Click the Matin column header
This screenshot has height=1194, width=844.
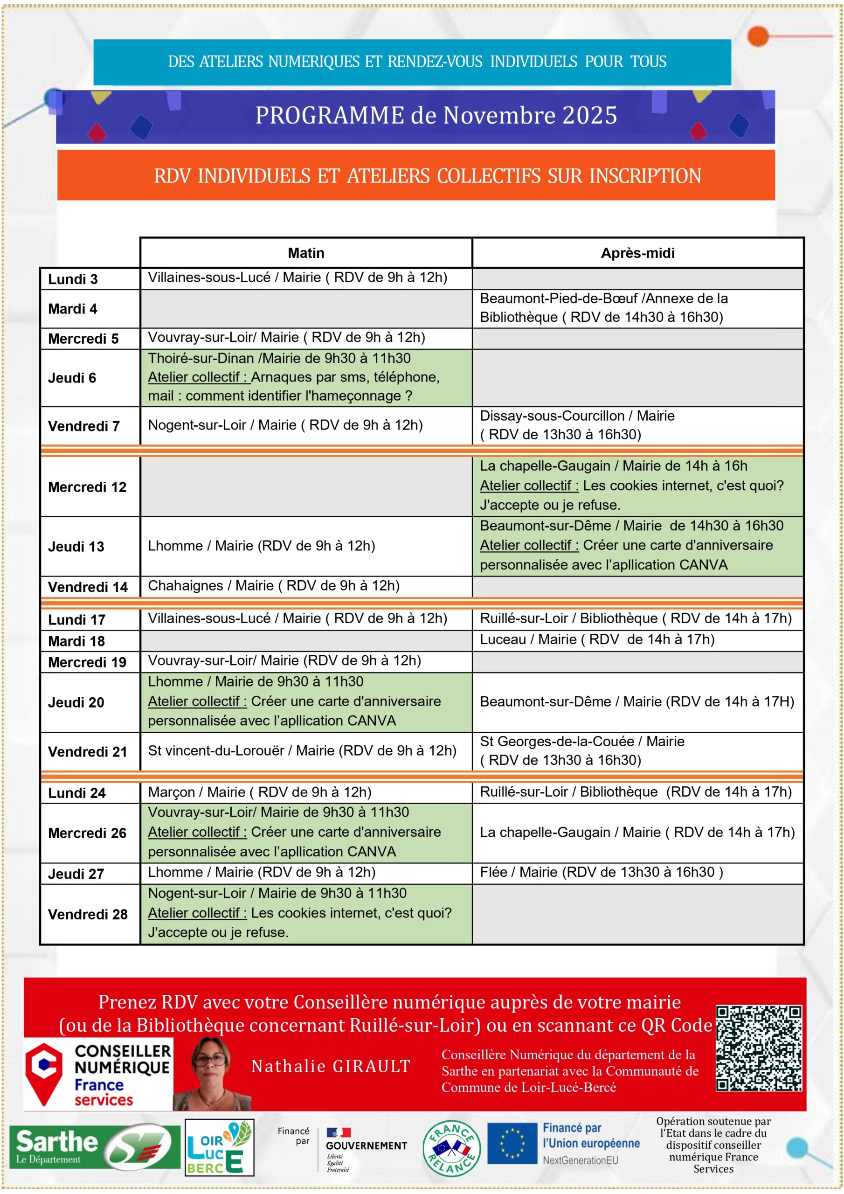click(306, 253)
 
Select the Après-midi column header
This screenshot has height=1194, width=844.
click(637, 253)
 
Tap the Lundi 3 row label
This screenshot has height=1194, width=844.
click(73, 279)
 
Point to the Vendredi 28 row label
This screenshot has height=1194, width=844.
click(87, 914)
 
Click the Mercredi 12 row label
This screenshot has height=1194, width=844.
click(87, 487)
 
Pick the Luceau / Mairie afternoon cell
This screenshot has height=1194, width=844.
click(597, 639)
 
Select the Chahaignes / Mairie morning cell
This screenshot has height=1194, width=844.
click(274, 586)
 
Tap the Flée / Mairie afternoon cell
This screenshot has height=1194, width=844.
click(601, 872)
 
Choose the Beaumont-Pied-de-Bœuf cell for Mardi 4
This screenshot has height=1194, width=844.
click(603, 308)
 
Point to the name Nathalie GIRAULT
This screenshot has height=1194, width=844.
click(331, 1067)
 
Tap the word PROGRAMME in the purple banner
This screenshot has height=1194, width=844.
click(329, 116)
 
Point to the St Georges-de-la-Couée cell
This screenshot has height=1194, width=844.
click(582, 751)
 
